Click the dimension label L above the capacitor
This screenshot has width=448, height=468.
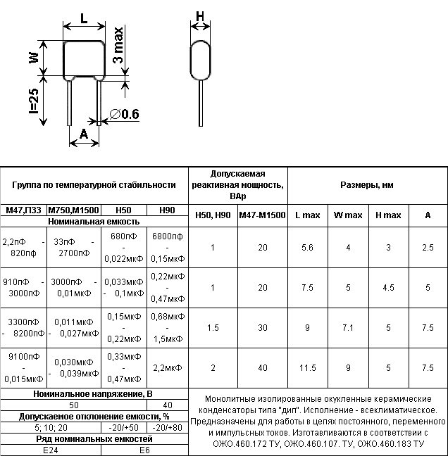85,20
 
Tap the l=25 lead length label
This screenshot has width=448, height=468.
33,101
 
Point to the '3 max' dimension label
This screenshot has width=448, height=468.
119,46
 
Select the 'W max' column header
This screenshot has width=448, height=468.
348,215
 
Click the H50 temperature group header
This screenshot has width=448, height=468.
123,210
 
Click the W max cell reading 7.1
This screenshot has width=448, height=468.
348,328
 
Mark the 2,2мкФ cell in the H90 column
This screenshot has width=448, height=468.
167,368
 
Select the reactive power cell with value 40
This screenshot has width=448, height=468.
262,368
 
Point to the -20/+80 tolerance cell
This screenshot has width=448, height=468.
167,427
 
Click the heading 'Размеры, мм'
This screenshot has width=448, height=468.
367,185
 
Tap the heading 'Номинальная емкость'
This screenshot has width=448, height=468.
94,221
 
